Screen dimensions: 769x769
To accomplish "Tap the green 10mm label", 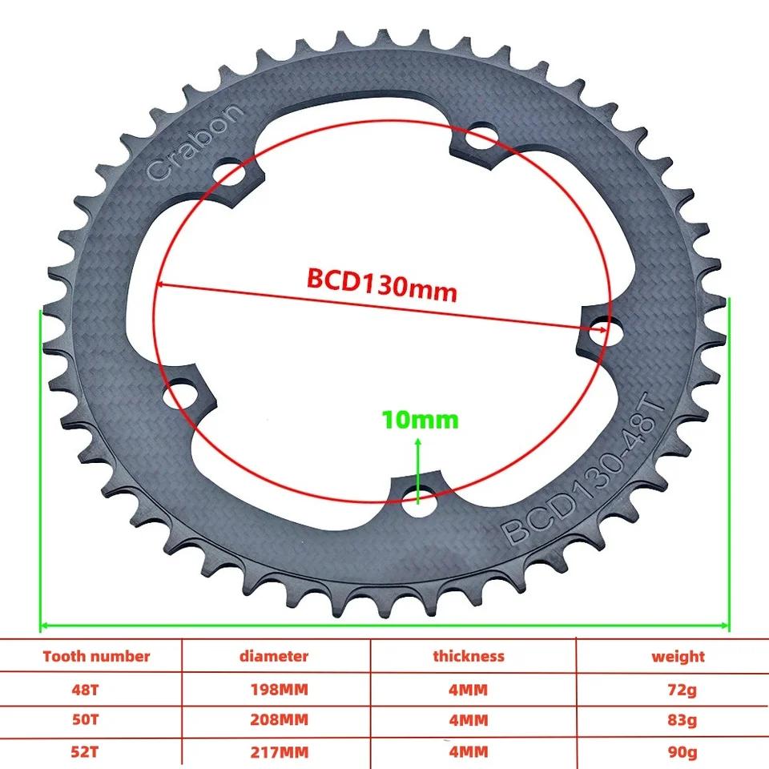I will click(x=420, y=420).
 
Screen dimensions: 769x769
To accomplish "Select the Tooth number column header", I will click(x=96, y=656).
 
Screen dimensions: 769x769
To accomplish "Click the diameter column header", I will click(x=273, y=656).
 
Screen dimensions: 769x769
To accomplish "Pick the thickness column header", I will click(x=469, y=656).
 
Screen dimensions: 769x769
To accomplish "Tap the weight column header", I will click(x=678, y=656).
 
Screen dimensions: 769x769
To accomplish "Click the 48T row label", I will click(x=96, y=689).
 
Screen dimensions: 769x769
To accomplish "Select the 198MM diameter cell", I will click(x=273, y=689).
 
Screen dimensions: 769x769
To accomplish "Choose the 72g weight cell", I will click(x=678, y=689).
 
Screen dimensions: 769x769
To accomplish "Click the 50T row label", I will click(x=96, y=719).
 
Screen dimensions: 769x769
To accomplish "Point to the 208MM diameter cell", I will click(x=273, y=719).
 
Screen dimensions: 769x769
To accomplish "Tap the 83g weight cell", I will click(x=678, y=719).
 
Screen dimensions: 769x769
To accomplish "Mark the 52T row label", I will click(x=96, y=751).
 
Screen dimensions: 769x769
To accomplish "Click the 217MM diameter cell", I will click(x=273, y=751).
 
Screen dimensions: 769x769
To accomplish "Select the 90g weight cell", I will click(x=678, y=751).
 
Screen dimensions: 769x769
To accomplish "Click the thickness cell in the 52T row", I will click(x=469, y=751).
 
